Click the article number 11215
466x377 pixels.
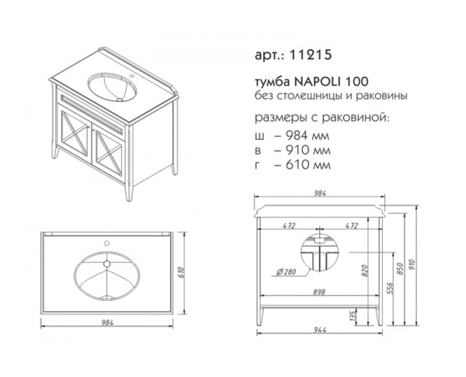coord(310,54)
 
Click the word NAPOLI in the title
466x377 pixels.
coord(317,82)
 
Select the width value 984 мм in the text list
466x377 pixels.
coord(308,136)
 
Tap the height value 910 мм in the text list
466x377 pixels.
coord(308,150)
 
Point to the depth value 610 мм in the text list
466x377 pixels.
coord(308,165)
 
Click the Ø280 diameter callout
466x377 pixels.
coord(286,272)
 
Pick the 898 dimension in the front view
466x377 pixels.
coord(318,291)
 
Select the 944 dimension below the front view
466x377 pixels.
coord(320,330)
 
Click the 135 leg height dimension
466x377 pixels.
coord(353,316)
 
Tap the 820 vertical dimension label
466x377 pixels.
coord(365,271)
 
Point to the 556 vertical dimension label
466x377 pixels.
coord(390,288)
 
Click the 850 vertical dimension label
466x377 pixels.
coord(400,269)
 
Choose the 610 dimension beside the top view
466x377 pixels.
coord(182,272)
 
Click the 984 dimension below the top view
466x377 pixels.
coord(107,323)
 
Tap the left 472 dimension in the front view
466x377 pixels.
coord(289,225)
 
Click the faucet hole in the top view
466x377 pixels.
coord(106,243)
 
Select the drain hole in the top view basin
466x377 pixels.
coord(106,264)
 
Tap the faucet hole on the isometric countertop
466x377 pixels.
coord(132,76)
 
